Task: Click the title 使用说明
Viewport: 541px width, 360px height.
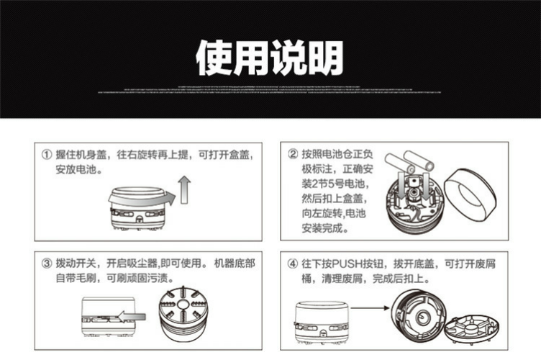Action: point(270,58)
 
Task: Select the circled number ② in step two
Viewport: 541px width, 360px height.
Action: point(293,154)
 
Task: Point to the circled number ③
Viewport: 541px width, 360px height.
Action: point(47,264)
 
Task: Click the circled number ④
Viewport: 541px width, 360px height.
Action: point(293,264)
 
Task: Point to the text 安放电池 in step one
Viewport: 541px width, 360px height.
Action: point(78,171)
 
